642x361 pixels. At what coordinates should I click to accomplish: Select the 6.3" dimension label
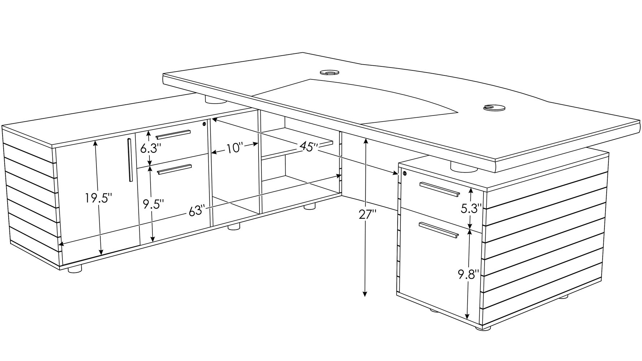(x=151, y=148)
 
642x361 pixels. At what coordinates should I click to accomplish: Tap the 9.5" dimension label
(x=153, y=204)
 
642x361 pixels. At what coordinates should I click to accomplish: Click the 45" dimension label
(x=309, y=147)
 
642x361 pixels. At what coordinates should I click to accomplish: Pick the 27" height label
(x=368, y=214)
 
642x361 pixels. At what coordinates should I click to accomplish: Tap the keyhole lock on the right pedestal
(x=404, y=174)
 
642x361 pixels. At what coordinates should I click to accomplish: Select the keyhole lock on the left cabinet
(x=204, y=124)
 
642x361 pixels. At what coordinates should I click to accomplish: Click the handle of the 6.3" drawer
(x=173, y=134)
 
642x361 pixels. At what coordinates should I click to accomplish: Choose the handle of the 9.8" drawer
(x=438, y=230)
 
